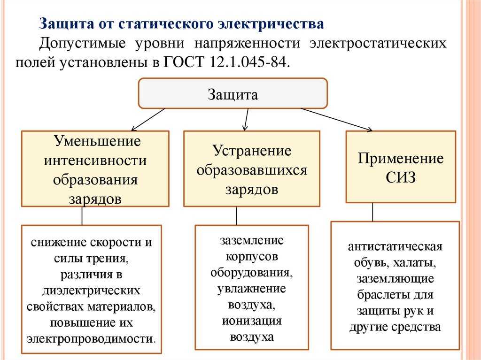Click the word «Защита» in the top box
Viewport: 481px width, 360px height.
pos(233,94)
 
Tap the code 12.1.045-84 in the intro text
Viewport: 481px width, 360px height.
pos(249,62)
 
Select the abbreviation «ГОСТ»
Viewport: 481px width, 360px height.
pos(184,62)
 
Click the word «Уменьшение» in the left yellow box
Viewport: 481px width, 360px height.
pos(97,141)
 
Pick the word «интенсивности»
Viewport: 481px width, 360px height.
pos(95,161)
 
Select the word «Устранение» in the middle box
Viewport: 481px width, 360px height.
pos(252,151)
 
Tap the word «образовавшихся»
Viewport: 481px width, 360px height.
pos(252,170)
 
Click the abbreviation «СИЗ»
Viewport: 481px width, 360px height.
pos(401,177)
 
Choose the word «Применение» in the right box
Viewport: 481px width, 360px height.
pos(401,159)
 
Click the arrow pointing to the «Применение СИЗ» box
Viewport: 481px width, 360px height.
pos(337,120)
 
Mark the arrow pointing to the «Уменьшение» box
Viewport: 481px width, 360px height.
pos(148,120)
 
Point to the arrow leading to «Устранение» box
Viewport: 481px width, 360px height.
pos(246,120)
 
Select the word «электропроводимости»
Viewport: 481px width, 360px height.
pos(91,339)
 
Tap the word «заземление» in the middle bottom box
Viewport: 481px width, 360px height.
pos(252,240)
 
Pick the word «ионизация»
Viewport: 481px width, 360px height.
pos(252,321)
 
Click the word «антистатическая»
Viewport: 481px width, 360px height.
pos(395,246)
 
